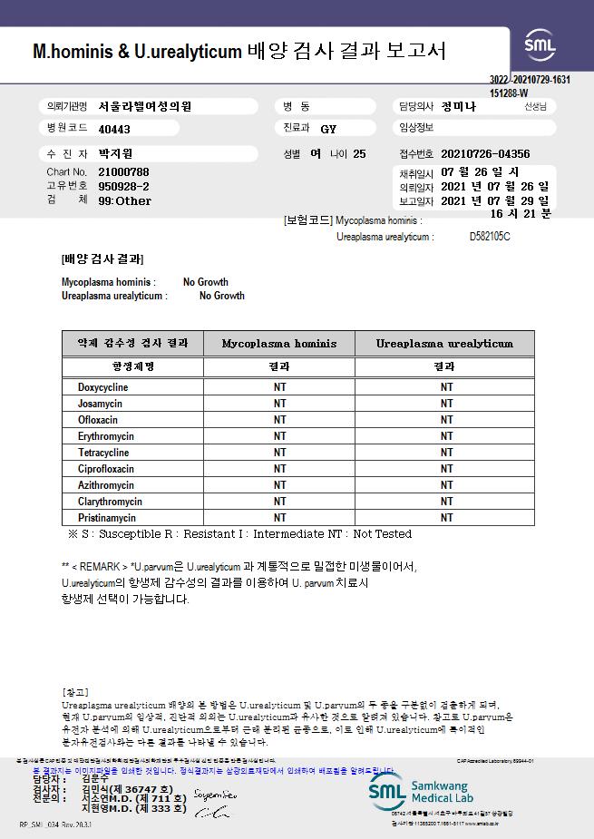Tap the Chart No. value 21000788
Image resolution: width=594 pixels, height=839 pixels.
pyautogui.click(x=123, y=171)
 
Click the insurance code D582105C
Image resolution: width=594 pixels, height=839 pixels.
pyautogui.click(x=490, y=237)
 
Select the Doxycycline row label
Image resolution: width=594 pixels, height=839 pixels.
pyautogui.click(x=102, y=387)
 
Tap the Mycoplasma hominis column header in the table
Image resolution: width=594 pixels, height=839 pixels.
pyautogui.click(x=278, y=344)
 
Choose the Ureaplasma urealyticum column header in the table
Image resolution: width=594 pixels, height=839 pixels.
pyautogui.click(x=445, y=344)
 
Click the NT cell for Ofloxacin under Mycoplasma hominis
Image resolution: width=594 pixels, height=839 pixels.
pyautogui.click(x=279, y=420)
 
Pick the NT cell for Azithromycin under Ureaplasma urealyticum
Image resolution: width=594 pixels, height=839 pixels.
pyautogui.click(x=446, y=485)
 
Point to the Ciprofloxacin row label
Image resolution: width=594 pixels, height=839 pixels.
pyautogui.click(x=105, y=469)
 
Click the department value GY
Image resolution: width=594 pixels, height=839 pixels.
pyautogui.click(x=328, y=129)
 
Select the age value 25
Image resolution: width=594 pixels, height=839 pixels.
pyautogui.click(x=359, y=154)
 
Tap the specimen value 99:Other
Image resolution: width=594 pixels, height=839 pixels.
pyautogui.click(x=125, y=200)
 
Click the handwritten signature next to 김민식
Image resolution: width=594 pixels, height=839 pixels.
pyautogui.click(x=217, y=795)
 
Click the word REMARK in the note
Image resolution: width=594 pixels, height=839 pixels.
pyautogui.click(x=97, y=566)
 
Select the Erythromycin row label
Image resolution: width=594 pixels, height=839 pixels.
pyautogui.click(x=105, y=436)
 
